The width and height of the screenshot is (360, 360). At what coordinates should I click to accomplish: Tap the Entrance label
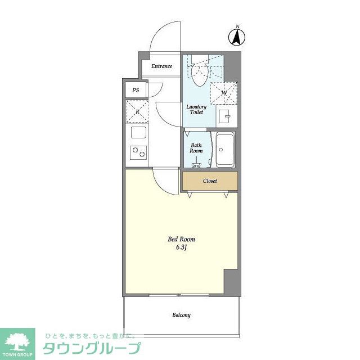pos(161,66)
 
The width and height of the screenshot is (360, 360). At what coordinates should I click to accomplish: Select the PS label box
pos(136,90)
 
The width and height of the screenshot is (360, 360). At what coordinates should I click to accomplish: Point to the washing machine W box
pos(224,92)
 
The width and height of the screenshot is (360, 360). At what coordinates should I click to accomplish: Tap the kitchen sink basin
pos(138,134)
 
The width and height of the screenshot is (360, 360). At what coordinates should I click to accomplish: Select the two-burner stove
pos(138,152)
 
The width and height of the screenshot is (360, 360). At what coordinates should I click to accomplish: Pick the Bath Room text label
pos(196,147)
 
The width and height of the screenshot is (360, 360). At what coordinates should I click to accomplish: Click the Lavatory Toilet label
pos(196,109)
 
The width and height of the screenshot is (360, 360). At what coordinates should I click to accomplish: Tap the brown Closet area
pos(210,181)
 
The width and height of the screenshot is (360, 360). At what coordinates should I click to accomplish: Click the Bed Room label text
pos(182,239)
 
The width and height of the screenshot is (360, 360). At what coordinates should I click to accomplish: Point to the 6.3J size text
pos(182,248)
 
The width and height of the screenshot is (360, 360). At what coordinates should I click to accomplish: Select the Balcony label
pos(181,315)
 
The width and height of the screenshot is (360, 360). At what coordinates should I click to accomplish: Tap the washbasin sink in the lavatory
pos(226,116)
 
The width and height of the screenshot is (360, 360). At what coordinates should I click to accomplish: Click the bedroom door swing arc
pos(166,181)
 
